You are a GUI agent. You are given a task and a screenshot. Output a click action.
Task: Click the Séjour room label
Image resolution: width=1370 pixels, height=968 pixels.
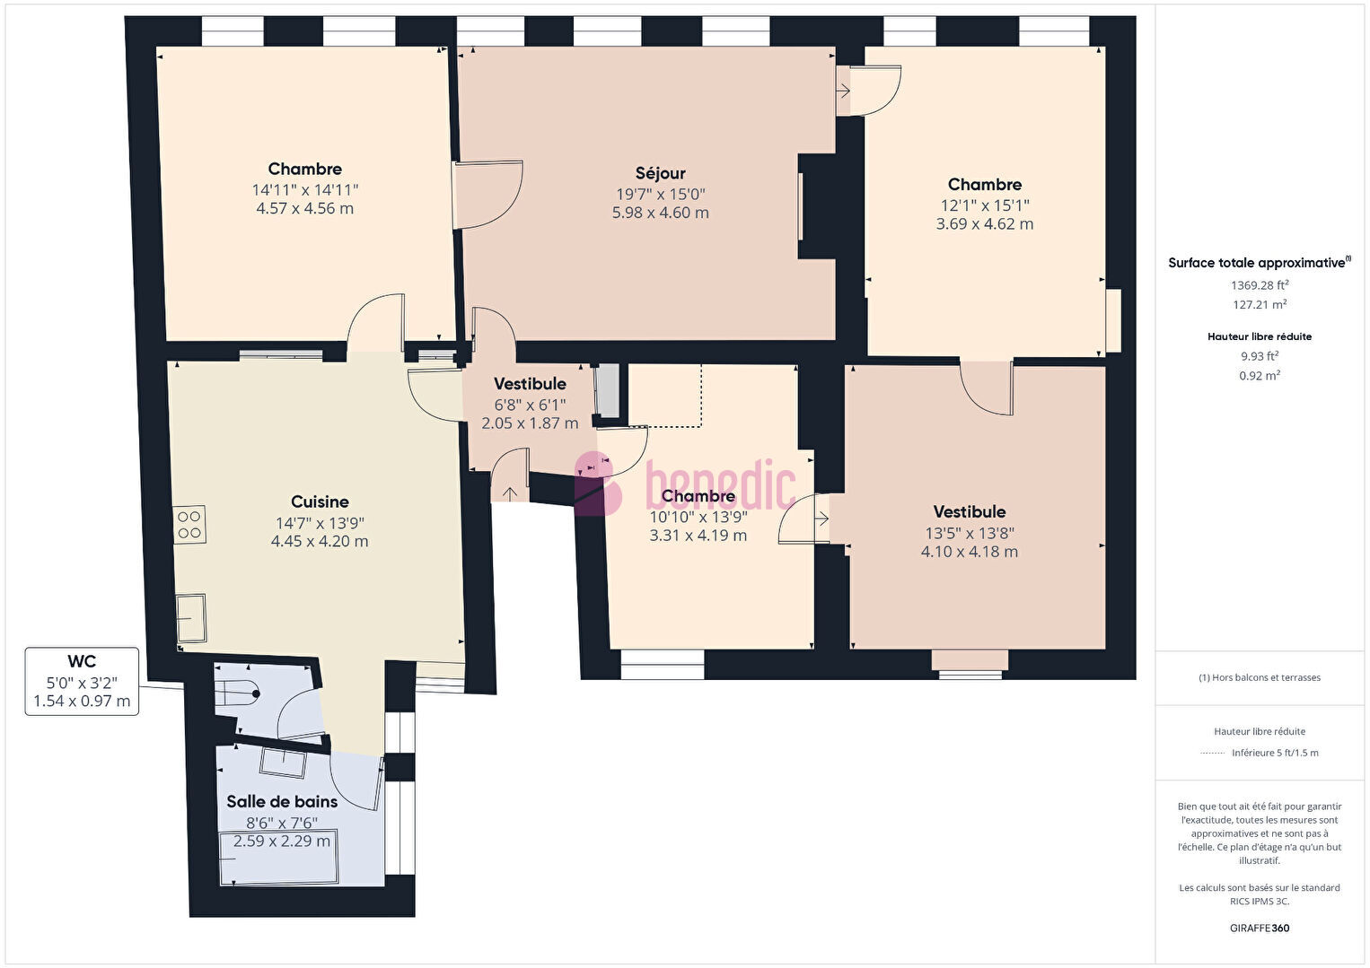tap(660, 173)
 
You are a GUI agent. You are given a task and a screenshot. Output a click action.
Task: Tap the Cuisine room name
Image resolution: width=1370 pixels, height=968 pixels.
tap(320, 501)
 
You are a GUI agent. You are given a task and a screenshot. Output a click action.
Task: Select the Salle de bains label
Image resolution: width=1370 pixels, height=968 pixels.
tap(282, 801)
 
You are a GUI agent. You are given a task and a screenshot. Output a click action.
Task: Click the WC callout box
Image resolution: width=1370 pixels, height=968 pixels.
tap(82, 681)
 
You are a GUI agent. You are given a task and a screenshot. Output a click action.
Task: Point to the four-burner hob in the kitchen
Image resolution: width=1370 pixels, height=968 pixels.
tap(189, 525)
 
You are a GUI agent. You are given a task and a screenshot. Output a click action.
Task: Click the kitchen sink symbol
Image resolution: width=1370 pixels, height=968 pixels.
tap(191, 618)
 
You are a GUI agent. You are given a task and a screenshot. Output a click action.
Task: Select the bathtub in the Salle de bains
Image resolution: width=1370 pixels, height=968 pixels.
tap(279, 857)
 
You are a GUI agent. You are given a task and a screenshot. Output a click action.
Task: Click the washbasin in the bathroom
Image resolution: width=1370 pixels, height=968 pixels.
tap(283, 763)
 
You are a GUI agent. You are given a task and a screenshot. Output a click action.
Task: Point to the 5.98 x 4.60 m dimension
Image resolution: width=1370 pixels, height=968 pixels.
tap(661, 213)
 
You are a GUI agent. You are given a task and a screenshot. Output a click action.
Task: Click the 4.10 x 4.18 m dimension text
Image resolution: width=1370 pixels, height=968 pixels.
tap(970, 552)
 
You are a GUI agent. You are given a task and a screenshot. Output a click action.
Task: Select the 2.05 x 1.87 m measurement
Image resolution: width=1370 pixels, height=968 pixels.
tap(530, 423)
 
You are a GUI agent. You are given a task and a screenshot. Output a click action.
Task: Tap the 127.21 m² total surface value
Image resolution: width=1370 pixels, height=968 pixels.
tap(1260, 304)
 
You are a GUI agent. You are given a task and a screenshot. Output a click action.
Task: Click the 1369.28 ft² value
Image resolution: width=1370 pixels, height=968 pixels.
tap(1260, 284)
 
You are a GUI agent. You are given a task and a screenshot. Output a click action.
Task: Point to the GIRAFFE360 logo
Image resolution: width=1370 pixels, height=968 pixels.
tap(1260, 928)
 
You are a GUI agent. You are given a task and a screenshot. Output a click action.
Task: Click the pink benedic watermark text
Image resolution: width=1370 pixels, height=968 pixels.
tap(721, 485)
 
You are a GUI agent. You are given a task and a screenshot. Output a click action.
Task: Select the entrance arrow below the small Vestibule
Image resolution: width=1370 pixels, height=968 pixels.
tap(509, 492)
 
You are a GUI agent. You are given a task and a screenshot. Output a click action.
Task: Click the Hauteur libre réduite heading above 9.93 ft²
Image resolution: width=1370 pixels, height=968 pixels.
tap(1260, 336)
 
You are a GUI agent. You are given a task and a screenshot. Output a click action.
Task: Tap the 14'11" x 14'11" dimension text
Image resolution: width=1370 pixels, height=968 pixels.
tap(304, 190)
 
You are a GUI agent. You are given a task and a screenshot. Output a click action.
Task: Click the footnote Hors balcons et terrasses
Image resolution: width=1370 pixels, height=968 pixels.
tap(1260, 677)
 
